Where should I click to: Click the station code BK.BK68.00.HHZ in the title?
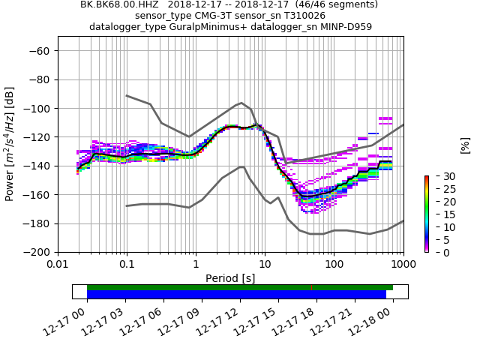click(x=121, y=4)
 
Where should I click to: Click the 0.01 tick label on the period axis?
click(x=58, y=265)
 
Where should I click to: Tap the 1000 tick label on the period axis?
click(x=403, y=265)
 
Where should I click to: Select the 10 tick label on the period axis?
click(x=265, y=265)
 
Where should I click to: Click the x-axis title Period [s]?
click(x=230, y=278)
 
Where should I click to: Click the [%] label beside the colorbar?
click(x=465, y=144)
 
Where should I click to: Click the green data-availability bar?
click(x=240, y=287)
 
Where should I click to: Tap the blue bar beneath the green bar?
click(x=236, y=295)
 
